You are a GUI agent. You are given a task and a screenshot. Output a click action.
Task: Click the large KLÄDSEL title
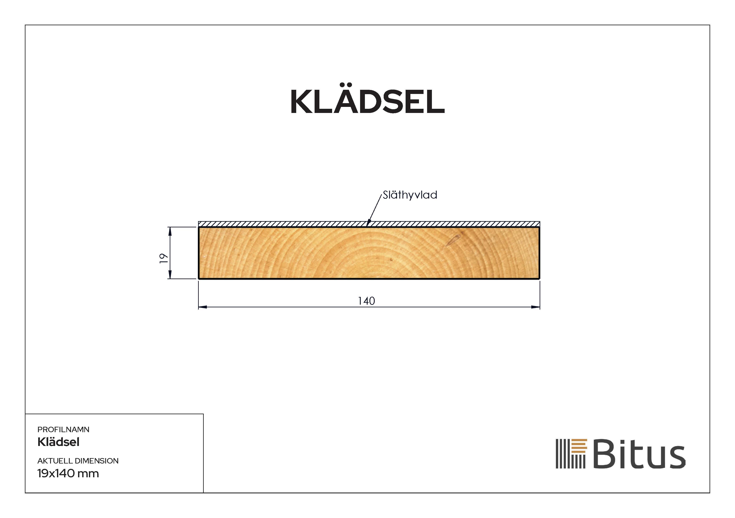tap(367, 102)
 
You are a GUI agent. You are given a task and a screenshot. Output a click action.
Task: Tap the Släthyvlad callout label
tap(410, 195)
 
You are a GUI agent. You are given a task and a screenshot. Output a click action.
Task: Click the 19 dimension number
tap(164, 258)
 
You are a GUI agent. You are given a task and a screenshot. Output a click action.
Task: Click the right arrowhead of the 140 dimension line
tap(536, 307)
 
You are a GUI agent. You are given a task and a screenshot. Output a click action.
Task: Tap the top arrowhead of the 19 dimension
tap(170, 231)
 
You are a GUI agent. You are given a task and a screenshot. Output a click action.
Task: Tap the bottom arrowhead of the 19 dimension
tap(170, 275)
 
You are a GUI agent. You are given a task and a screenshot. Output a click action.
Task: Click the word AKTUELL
tap(54, 461)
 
